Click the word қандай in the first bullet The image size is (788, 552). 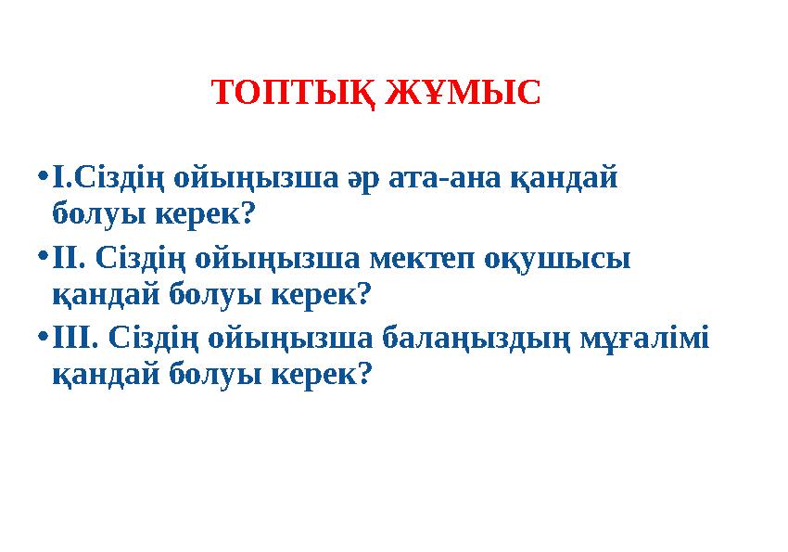point(565,175)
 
